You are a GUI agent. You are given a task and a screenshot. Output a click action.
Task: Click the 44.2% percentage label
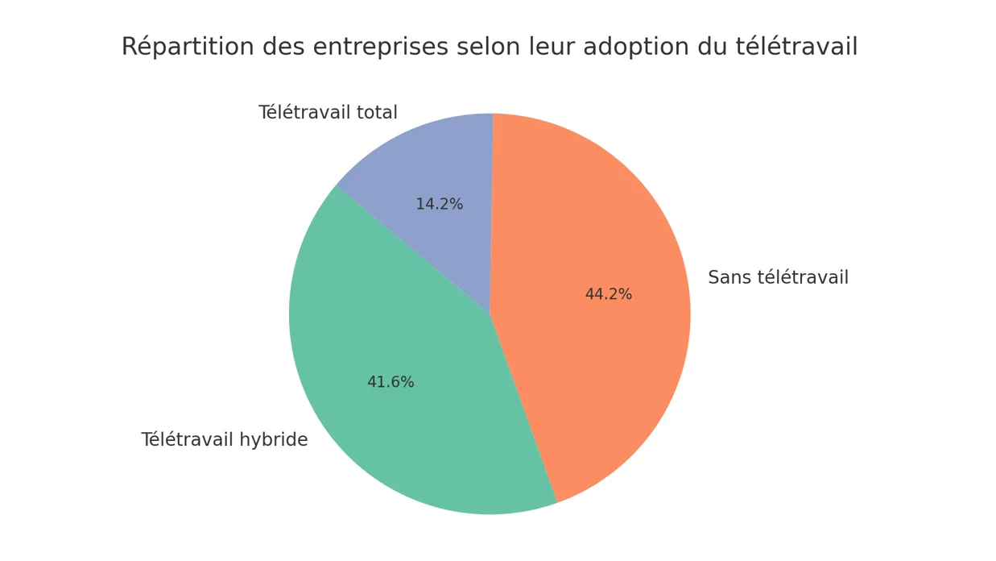point(608,295)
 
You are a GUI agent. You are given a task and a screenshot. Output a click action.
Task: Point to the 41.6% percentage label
point(391,383)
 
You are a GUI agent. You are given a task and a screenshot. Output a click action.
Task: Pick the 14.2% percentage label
point(439,205)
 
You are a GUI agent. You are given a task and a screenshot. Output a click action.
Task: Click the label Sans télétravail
point(778,278)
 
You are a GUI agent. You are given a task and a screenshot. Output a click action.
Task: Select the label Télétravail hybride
point(224,440)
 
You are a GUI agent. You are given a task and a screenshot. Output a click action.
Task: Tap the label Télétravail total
point(328,113)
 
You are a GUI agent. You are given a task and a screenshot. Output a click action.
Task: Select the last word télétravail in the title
point(796,47)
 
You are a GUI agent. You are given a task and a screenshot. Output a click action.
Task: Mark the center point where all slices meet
point(490,314)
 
